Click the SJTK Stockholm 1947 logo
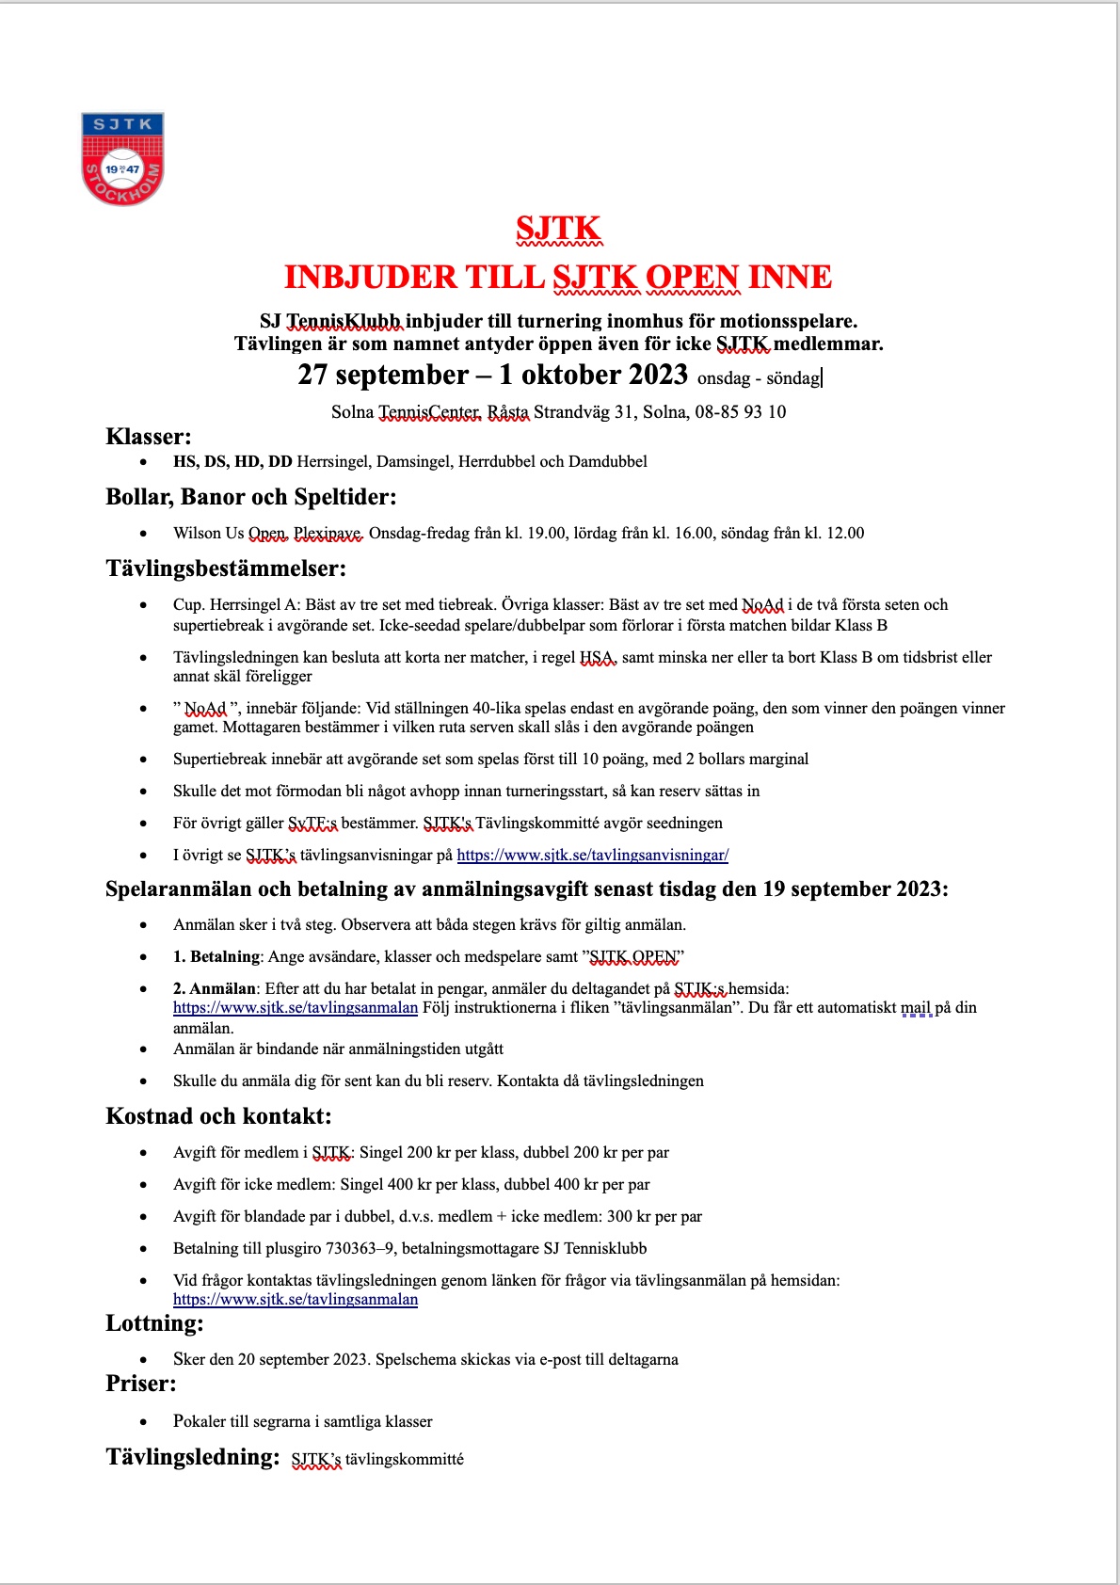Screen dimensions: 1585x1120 [x=122, y=158]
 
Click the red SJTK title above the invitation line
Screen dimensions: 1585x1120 [x=558, y=229]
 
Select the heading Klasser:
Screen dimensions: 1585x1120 [x=149, y=437]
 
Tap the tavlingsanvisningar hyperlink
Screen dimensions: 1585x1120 [x=592, y=855]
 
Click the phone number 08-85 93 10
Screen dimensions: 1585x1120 [x=740, y=412]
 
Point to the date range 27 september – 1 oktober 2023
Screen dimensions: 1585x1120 [x=492, y=375]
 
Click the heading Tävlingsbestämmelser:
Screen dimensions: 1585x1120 [x=226, y=568]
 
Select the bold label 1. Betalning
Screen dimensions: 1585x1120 [x=216, y=956]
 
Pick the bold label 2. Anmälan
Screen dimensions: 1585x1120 [x=215, y=988]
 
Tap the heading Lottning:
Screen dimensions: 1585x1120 [x=154, y=1323]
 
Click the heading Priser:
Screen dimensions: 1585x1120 [x=141, y=1384]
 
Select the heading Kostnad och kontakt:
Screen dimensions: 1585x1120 [x=218, y=1116]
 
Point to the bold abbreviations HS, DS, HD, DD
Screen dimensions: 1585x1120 [x=232, y=461]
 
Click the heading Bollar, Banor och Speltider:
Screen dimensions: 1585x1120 [x=251, y=497]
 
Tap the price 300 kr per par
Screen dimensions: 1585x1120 [x=654, y=1216]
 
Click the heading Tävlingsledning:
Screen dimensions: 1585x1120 [x=193, y=1457]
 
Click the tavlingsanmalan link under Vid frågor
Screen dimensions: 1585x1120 [x=296, y=1299]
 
